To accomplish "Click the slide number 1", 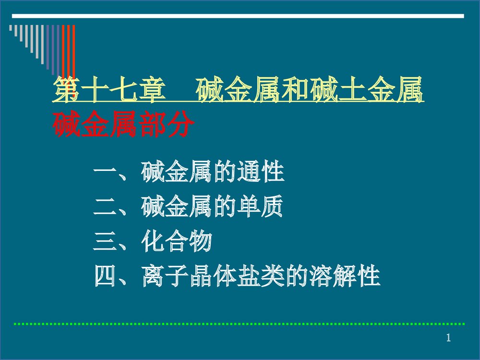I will tap(448, 338).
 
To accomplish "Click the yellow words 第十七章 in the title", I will tap(107, 91).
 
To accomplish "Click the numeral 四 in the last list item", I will tap(105, 277).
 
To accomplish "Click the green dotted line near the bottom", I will tap(240, 324).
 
